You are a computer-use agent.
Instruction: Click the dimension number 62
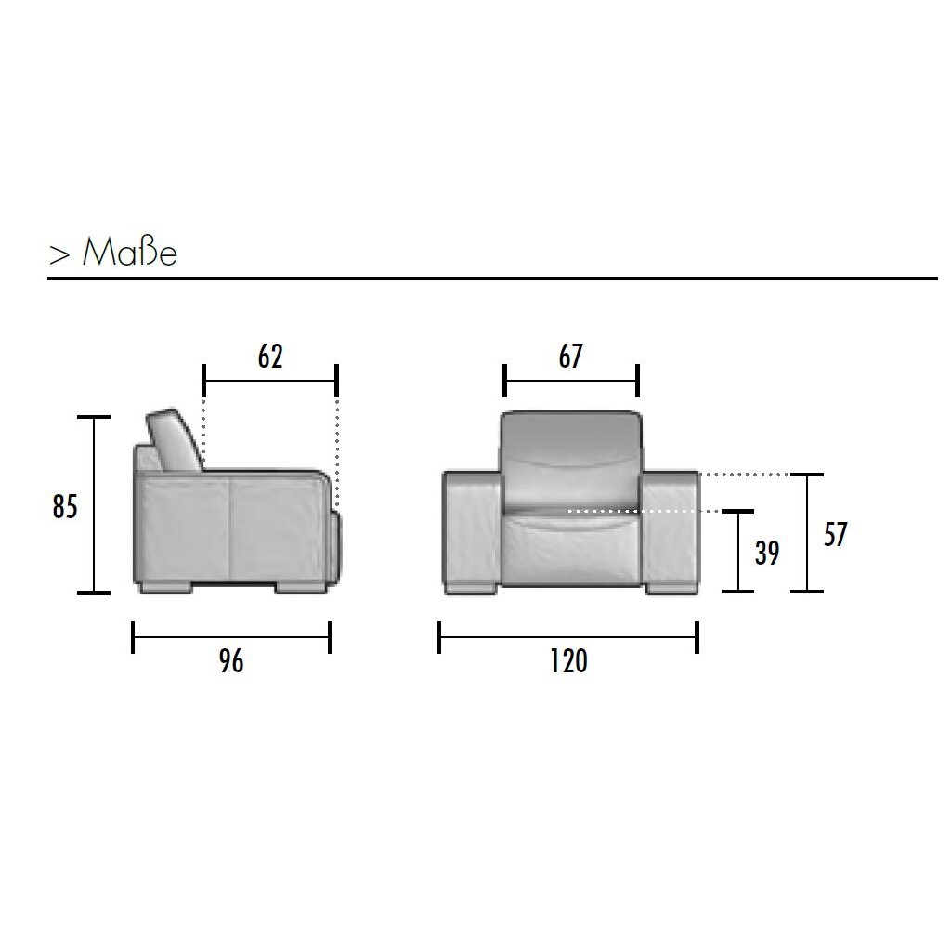click(270, 356)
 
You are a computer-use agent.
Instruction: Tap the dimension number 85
click(65, 506)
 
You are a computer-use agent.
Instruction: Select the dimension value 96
click(231, 660)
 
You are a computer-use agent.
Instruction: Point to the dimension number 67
click(571, 356)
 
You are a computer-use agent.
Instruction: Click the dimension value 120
click(569, 660)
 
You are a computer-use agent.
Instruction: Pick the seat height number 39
click(767, 553)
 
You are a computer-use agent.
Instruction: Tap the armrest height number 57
click(835, 534)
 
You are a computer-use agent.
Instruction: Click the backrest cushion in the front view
click(571, 458)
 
